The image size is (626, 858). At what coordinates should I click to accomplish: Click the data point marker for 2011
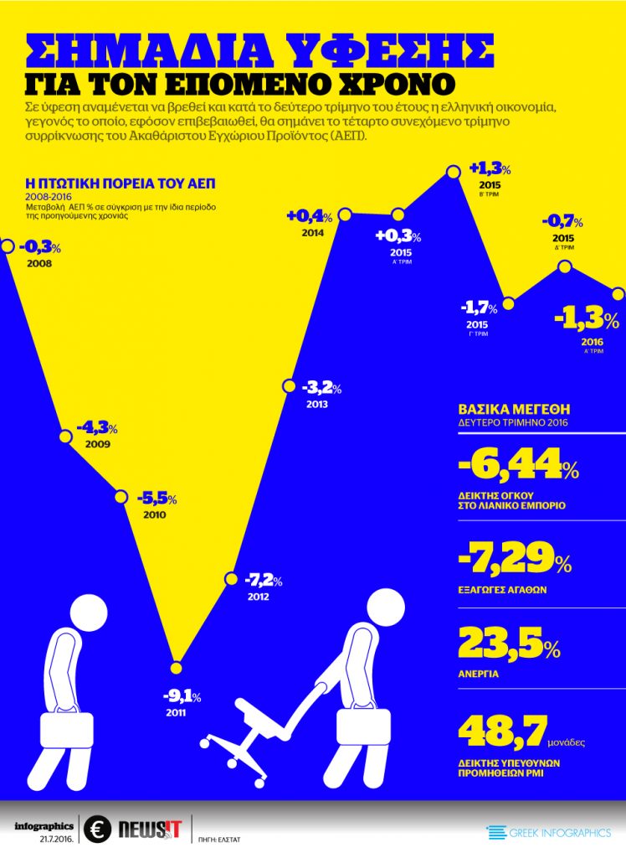[176, 668]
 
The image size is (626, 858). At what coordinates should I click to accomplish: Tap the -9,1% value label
[181, 695]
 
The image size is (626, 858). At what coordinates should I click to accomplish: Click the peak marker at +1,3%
[453, 173]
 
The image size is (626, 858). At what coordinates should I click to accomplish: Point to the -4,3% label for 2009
[97, 427]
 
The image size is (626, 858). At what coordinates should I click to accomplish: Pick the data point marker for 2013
[287, 386]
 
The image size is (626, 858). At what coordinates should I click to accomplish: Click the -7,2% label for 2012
[263, 579]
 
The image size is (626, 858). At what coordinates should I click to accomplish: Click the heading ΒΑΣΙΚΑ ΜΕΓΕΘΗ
[514, 410]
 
